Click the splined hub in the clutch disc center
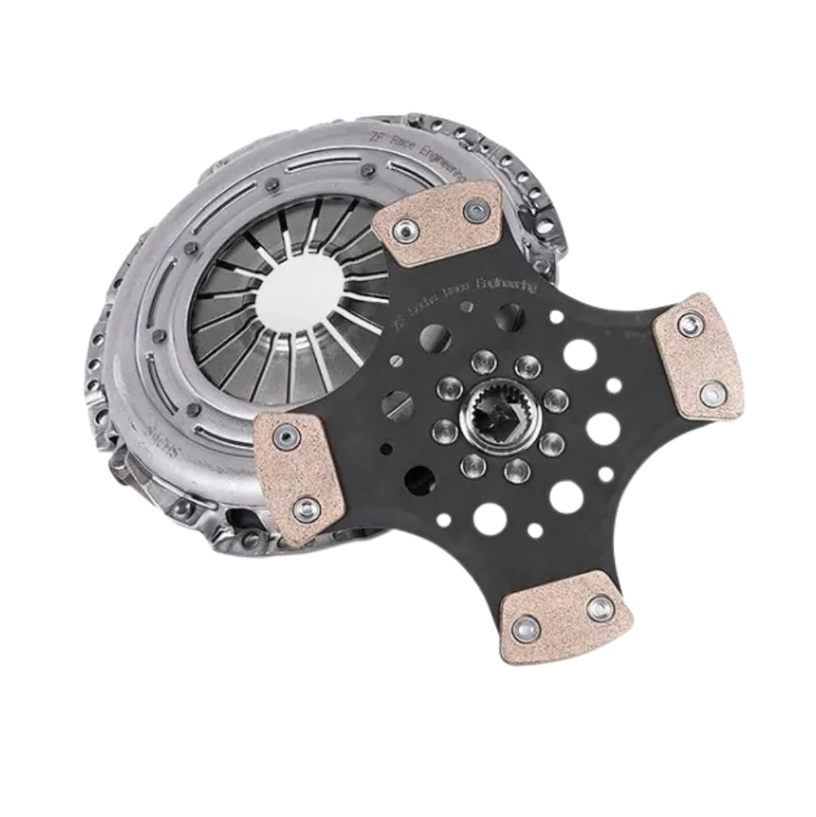[499, 416]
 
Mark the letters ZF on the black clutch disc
[398, 322]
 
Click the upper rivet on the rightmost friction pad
[690, 324]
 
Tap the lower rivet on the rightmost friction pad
[712, 394]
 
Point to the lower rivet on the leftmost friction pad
[306, 508]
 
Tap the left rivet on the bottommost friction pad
[527, 631]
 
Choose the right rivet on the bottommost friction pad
[599, 610]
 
